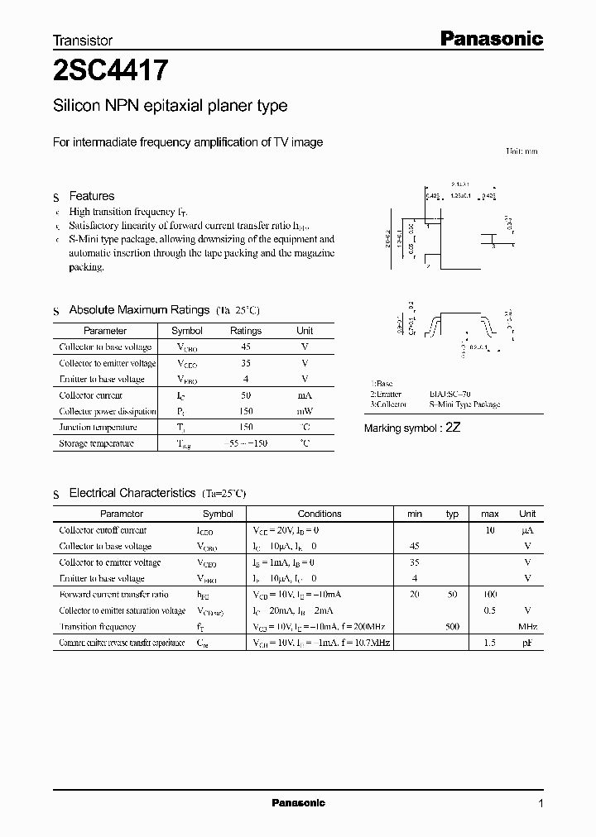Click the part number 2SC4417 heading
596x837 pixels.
111,72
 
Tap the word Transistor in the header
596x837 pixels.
83,40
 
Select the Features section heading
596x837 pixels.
91,196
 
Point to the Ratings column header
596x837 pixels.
246,331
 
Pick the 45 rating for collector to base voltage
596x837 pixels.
246,347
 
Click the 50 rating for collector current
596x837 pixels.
246,395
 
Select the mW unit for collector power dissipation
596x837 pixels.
305,411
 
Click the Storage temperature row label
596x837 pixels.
96,443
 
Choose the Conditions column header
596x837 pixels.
320,514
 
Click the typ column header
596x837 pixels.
452,514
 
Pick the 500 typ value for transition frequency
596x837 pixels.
452,627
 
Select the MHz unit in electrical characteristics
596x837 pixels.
527,627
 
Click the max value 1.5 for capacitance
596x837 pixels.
489,643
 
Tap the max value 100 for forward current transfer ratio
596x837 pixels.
489,595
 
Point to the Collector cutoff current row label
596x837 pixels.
103,530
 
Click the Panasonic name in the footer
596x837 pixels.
299,803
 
